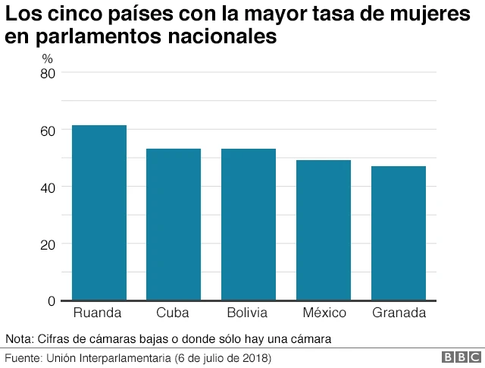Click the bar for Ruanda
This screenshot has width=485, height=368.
tap(99, 212)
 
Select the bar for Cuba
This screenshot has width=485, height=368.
tap(174, 224)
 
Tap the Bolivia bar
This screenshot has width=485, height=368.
tap(249, 224)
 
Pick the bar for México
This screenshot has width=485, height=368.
tap(324, 230)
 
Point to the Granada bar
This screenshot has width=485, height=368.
tap(399, 233)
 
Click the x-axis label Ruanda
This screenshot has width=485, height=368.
tap(98, 313)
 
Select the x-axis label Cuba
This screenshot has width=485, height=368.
tap(173, 313)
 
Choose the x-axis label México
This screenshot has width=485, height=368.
tap(324, 313)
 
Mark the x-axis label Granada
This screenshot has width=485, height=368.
tap(399, 313)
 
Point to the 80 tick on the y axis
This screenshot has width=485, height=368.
tap(48, 73)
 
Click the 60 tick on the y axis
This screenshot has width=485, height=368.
tap(48, 131)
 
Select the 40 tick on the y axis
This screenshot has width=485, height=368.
tap(48, 187)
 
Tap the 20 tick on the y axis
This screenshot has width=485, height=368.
tap(48, 244)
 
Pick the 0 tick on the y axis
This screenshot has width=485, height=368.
tap(52, 301)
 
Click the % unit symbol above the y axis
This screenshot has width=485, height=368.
tap(47, 58)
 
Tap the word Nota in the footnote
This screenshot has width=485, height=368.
tap(19, 338)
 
